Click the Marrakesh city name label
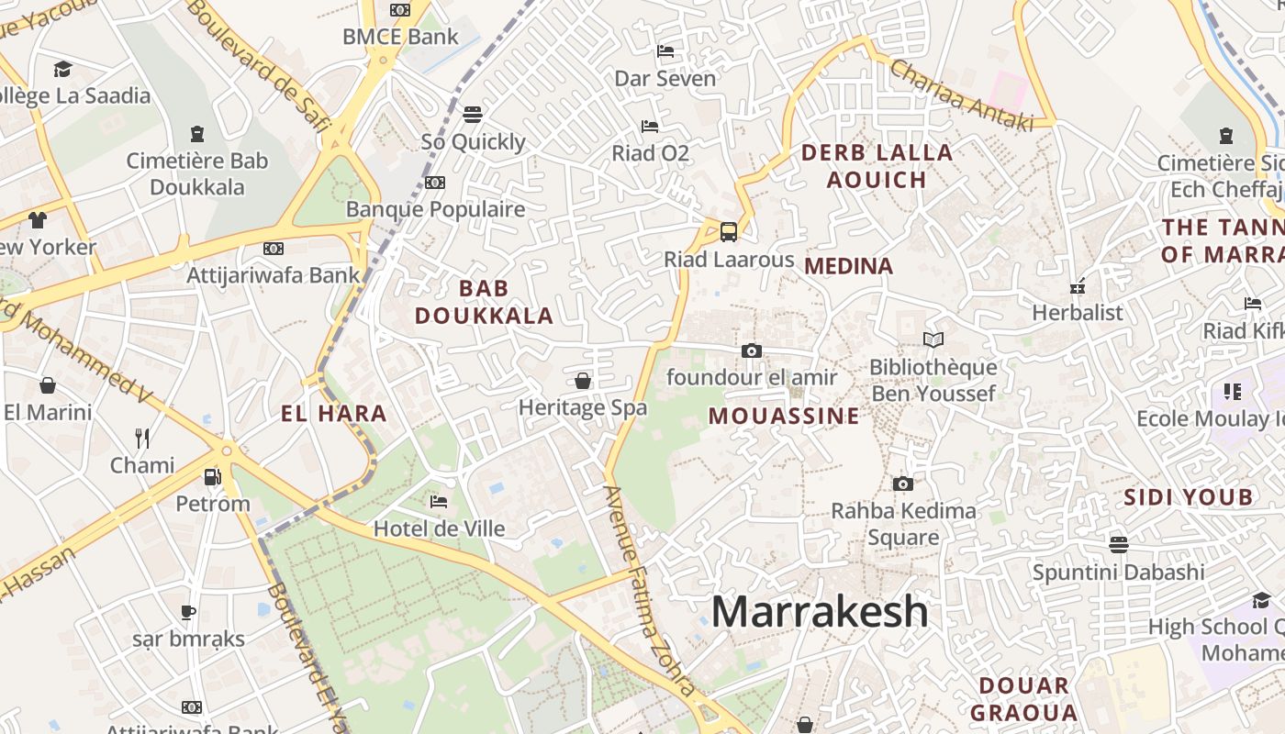pos(820,612)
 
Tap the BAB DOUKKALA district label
pos(484,302)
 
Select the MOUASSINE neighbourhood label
pos(784,416)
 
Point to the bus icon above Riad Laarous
pos(729,231)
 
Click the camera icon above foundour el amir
pos(751,350)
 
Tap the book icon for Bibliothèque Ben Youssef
pos(933,340)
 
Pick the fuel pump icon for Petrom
pos(212,477)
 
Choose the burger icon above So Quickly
pos(473,115)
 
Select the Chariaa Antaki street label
pos(961,95)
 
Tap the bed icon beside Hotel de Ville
pos(439,502)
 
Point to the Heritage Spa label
pos(583,407)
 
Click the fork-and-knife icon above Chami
pos(142,438)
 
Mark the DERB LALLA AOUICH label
pos(877,166)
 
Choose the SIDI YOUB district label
pos(1189,497)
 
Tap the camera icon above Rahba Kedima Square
pos(903,484)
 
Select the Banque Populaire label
pos(435,209)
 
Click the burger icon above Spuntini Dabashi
pos(1118,544)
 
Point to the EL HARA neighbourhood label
pos(334,414)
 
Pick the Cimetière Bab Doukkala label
pos(197,173)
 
